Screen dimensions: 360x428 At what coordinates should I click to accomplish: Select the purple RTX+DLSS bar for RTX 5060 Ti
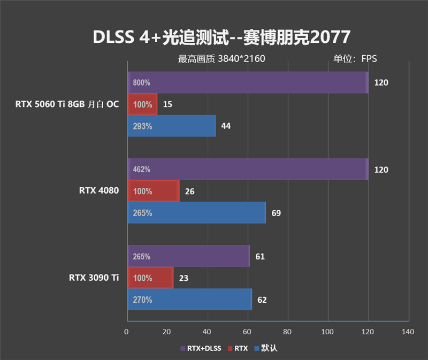(248, 82)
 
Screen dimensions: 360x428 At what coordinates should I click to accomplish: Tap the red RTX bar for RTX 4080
(154, 191)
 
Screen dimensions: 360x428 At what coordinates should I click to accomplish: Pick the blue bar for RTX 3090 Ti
(189, 300)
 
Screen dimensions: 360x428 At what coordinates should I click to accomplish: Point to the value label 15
(167, 104)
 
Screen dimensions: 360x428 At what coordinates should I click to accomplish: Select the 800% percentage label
(142, 83)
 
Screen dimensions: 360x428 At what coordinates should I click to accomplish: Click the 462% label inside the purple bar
(142, 170)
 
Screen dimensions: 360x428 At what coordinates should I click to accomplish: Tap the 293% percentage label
(142, 126)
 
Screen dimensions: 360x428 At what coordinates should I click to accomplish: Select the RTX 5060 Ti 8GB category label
(67, 104)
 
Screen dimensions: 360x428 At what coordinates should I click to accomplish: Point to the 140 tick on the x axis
(408, 332)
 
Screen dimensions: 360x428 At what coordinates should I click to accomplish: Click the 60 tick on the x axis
(247, 332)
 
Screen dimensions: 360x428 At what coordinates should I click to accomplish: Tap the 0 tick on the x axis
(127, 332)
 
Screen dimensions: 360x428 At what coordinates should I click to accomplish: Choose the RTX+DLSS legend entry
(201, 348)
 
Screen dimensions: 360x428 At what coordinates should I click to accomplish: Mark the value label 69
(276, 213)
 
